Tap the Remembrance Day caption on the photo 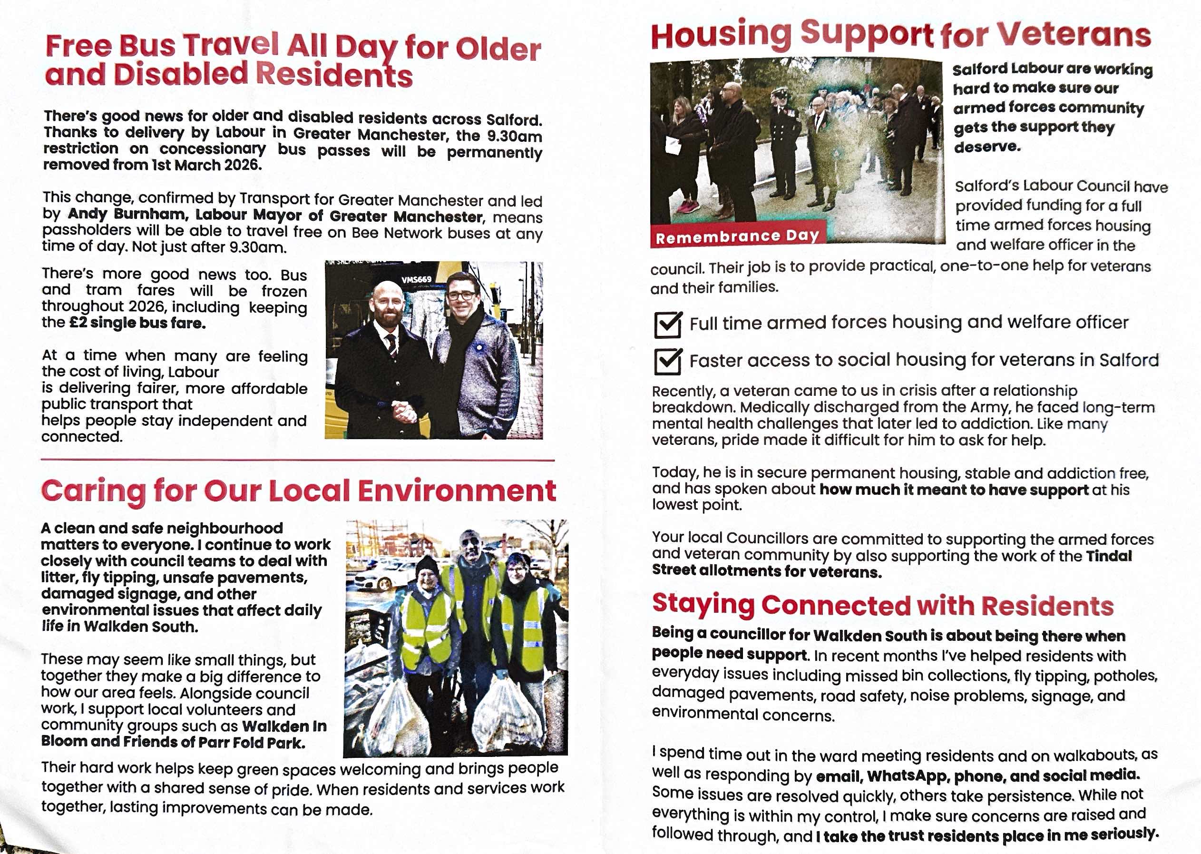click(x=737, y=236)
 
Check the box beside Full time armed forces click(x=667, y=324)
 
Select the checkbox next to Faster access click(x=667, y=361)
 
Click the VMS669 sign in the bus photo click(x=416, y=280)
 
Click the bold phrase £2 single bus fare click(x=138, y=323)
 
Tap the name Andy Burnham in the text click(x=126, y=214)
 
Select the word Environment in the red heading click(x=456, y=491)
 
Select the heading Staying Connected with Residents click(x=882, y=605)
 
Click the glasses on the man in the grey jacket click(x=461, y=295)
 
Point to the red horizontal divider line click(x=297, y=460)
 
